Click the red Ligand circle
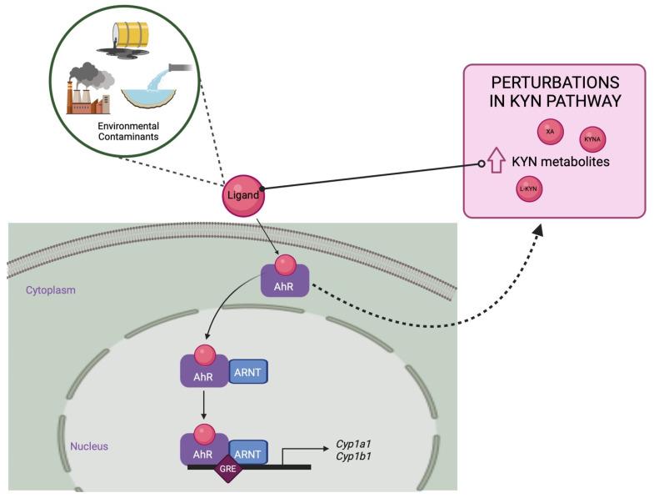[x=242, y=195]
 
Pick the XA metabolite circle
[x=549, y=132]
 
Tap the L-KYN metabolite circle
[x=528, y=189]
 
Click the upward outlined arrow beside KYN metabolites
[x=497, y=161]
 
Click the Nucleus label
[x=89, y=446]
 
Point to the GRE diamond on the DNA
[x=227, y=470]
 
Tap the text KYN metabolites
[x=561, y=162]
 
